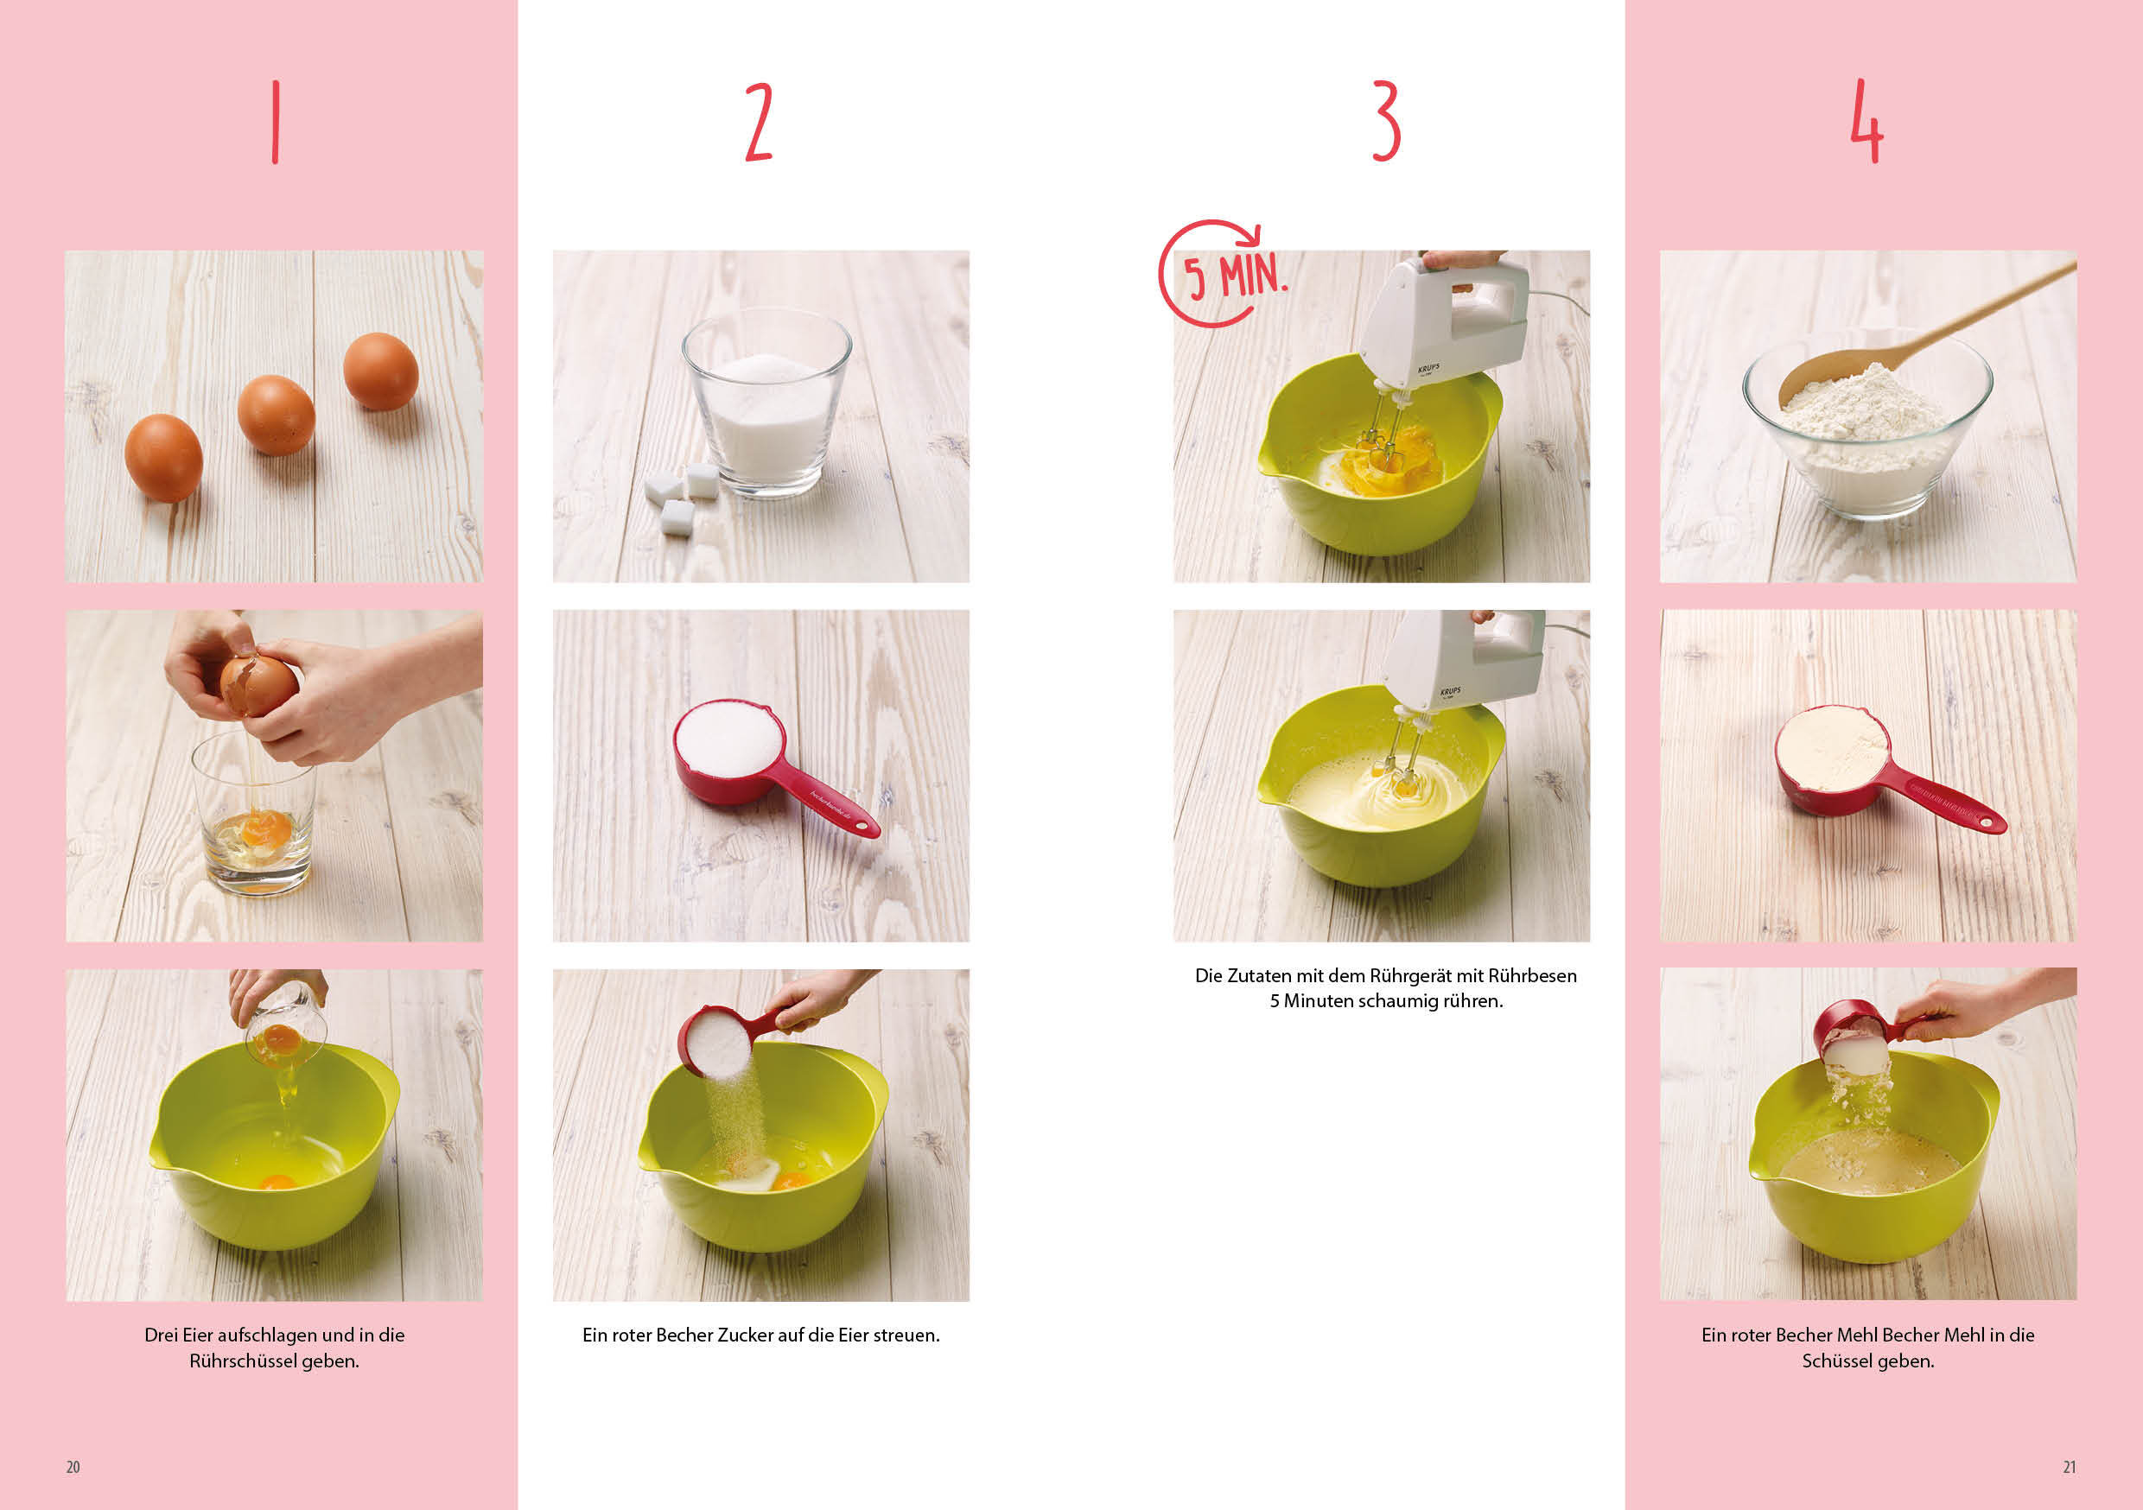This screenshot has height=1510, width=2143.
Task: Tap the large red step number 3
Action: [x=1386, y=121]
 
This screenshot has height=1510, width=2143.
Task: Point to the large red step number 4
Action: [x=1866, y=121]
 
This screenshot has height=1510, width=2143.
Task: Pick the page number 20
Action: [x=73, y=1467]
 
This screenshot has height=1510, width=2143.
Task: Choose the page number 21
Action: [x=2070, y=1467]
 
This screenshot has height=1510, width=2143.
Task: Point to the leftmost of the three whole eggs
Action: [x=164, y=457]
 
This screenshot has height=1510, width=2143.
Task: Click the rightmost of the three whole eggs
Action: [x=381, y=371]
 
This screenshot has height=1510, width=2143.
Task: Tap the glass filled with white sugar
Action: [x=766, y=403]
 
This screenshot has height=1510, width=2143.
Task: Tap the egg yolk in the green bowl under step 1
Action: [x=277, y=1182]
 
